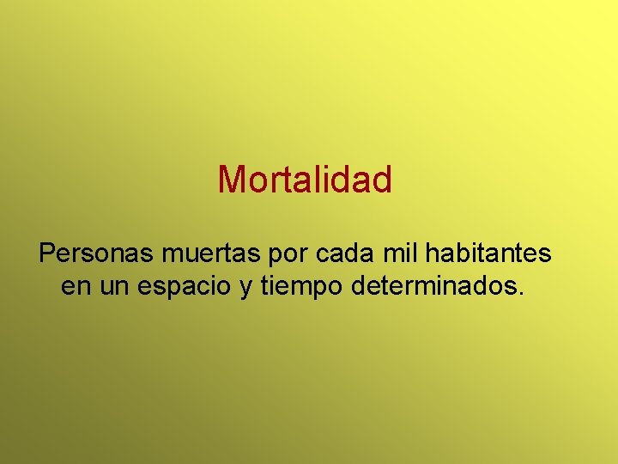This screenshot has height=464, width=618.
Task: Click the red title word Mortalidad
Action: tap(305, 180)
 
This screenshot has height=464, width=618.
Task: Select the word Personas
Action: tap(97, 254)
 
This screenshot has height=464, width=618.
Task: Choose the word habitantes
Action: tap(488, 254)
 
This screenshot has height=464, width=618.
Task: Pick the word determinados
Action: tap(432, 286)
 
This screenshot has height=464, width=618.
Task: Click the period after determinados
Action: tap(518, 294)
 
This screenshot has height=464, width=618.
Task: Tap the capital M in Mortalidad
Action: tap(232, 180)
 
